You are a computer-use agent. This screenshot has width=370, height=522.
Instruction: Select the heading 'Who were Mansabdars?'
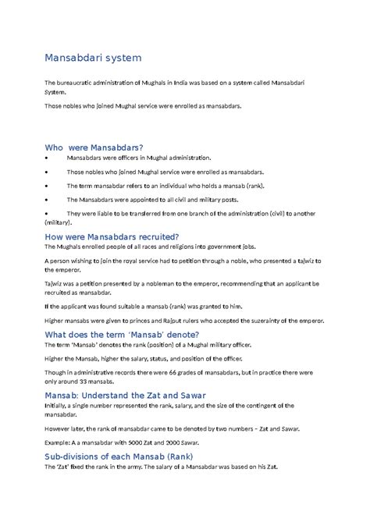[94, 147]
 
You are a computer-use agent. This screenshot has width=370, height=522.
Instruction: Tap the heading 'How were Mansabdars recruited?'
[112, 236]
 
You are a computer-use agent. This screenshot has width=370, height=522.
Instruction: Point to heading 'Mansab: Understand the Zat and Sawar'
[125, 395]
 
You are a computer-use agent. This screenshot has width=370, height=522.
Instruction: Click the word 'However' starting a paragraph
[59, 429]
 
